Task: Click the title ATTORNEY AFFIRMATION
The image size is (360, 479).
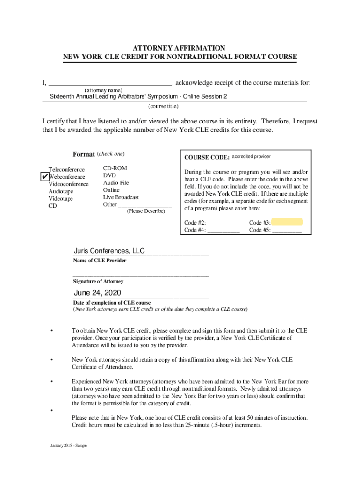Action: pyautogui.click(x=180, y=48)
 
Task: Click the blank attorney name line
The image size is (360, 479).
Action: pyautogui.click(x=110, y=83)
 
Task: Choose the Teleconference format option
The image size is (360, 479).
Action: pyautogui.click(x=67, y=169)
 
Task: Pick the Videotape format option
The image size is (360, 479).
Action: pyautogui.click(x=61, y=199)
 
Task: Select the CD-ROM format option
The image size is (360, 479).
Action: pyautogui.click(x=115, y=168)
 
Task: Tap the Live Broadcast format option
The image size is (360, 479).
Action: pyautogui.click(x=121, y=197)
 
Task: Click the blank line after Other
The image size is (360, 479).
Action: pyautogui.click(x=145, y=205)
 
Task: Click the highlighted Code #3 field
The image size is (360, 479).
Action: pyautogui.click(x=287, y=222)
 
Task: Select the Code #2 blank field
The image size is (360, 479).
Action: pyautogui.click(x=223, y=223)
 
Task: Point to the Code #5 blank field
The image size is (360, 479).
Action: pyautogui.click(x=287, y=230)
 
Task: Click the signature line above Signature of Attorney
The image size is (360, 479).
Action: pyautogui.click(x=141, y=275)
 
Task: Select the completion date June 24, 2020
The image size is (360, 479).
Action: pyautogui.click(x=98, y=293)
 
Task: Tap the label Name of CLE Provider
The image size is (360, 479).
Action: pyautogui.click(x=100, y=261)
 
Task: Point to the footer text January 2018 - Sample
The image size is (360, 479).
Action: pyautogui.click(x=69, y=445)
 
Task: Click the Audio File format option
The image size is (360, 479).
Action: pyautogui.click(x=115, y=183)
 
